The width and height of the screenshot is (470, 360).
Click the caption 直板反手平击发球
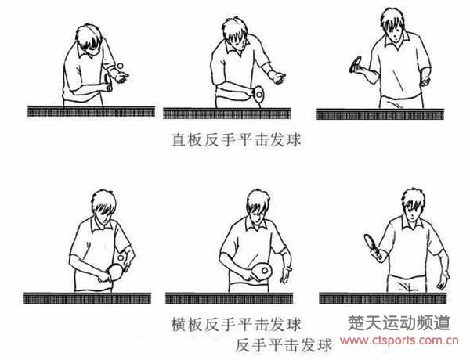[x=235, y=141]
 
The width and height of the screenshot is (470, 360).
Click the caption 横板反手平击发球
[x=235, y=322]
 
